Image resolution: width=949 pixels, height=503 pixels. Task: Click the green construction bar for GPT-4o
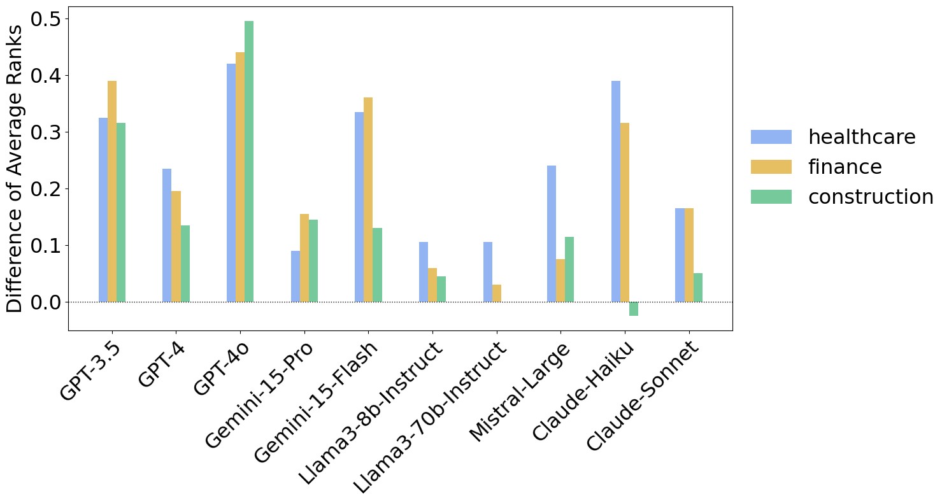point(249,162)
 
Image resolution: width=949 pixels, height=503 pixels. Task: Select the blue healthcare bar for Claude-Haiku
point(616,191)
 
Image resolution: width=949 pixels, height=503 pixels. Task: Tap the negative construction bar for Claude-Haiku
point(634,309)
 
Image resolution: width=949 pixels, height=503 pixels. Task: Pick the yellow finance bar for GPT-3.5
point(112,191)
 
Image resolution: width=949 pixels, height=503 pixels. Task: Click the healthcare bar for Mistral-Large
point(552,234)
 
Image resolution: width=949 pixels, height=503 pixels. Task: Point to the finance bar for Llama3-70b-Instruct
point(497,293)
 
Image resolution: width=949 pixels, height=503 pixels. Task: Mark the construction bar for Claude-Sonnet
point(698,288)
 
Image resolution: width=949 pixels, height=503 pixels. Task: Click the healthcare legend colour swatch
point(771,137)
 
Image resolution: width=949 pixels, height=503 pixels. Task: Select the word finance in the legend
point(845,167)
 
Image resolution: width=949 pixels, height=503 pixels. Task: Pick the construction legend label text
point(871,197)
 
